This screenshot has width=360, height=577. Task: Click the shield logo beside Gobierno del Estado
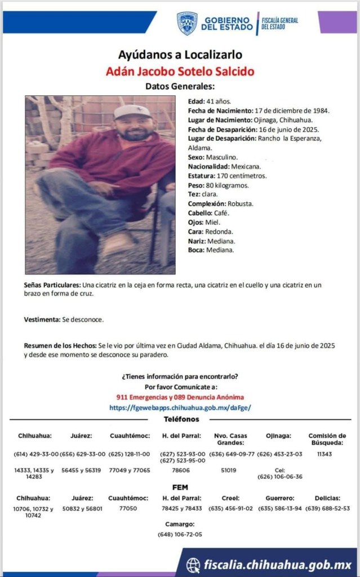click(x=187, y=23)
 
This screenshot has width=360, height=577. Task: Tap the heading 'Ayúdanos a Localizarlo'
click(x=180, y=55)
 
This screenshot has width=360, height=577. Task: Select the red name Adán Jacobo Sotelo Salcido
click(x=180, y=72)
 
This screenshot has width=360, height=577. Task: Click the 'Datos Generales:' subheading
click(x=180, y=87)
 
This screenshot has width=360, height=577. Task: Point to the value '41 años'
click(x=216, y=101)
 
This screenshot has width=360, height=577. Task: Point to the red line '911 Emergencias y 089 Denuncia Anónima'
click(x=180, y=397)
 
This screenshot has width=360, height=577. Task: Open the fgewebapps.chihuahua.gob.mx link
click(x=180, y=407)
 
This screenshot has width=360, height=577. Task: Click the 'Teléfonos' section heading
click(x=181, y=420)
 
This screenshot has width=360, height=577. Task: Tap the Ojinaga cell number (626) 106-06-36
click(x=280, y=477)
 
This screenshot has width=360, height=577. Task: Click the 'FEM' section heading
click(x=180, y=487)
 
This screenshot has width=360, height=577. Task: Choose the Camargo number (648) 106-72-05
click(x=180, y=534)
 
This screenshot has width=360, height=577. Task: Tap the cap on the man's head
click(x=131, y=111)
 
